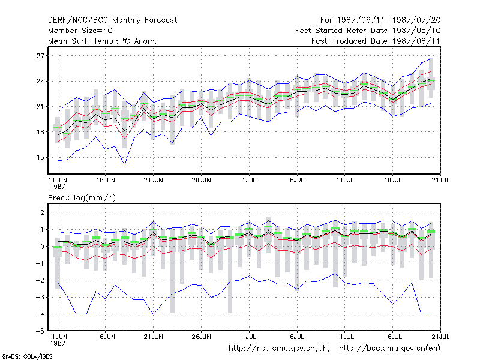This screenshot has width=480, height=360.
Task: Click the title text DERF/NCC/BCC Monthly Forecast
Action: pos(112,20)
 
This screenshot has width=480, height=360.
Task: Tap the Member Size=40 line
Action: pos(80,31)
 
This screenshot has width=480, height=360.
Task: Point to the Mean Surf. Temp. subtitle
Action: pos(102,41)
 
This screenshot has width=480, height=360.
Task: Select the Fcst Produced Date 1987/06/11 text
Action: pos(376,41)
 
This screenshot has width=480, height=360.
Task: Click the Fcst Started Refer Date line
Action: pos(368,31)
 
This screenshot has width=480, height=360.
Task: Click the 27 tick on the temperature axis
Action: pos(40,56)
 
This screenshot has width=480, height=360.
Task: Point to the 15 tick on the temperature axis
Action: pos(40,157)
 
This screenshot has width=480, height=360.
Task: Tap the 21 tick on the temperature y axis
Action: pos(40,107)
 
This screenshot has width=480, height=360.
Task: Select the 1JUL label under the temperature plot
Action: pos(249,181)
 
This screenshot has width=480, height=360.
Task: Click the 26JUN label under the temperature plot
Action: pos(201,181)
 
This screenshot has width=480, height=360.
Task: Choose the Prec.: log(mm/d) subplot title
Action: pos(82,198)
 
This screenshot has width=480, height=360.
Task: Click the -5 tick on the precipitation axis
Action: pos(40,331)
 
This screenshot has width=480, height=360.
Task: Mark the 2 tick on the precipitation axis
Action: pos(42,212)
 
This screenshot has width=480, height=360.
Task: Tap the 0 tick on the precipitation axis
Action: pos(42,247)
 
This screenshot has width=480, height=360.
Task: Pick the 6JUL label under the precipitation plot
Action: pos(297,337)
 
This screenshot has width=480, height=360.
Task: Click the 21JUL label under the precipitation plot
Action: pos(440,337)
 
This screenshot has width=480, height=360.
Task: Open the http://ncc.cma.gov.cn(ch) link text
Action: pos(279,349)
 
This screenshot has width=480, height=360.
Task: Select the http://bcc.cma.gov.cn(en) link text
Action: pos(389,349)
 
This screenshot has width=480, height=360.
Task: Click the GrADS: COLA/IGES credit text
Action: pos(27,356)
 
